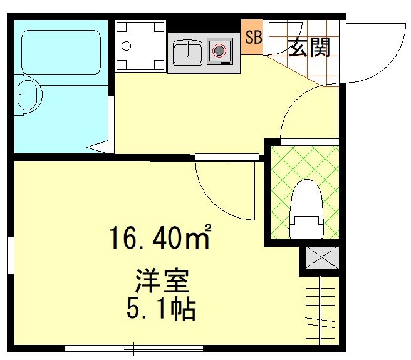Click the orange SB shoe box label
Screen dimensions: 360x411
(x=252, y=37)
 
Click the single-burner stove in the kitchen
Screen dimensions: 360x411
(x=220, y=51)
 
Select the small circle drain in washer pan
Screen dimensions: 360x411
(x=126, y=46)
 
